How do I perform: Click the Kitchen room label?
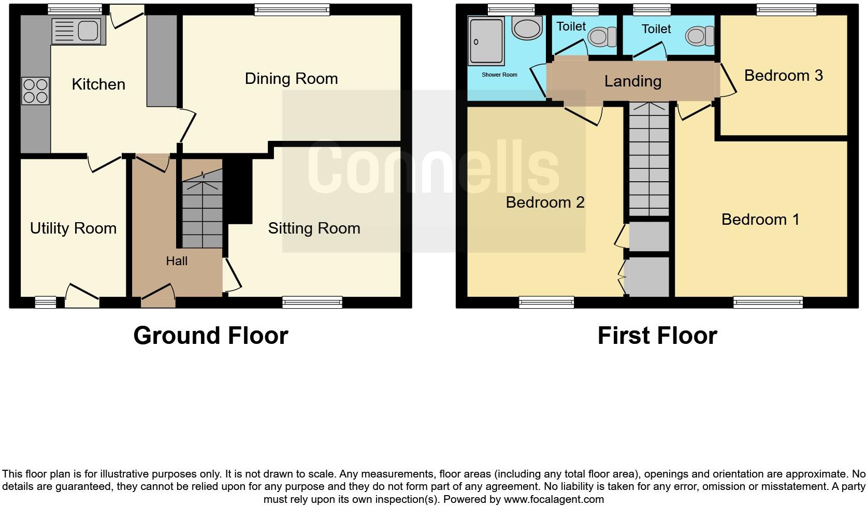(x=98, y=84)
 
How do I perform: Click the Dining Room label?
(x=291, y=79)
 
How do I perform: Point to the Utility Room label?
(x=73, y=228)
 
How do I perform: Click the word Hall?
(x=177, y=261)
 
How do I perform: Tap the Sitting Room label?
(x=314, y=228)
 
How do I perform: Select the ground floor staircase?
(x=202, y=212)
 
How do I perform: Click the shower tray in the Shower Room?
(x=486, y=41)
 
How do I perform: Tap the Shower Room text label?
(x=499, y=75)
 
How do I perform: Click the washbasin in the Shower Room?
(x=527, y=27)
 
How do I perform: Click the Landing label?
(x=632, y=81)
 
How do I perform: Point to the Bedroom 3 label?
(x=783, y=76)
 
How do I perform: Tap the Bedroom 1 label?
(x=760, y=220)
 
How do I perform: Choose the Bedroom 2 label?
(x=545, y=203)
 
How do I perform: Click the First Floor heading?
(x=657, y=336)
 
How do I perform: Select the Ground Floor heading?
(x=210, y=336)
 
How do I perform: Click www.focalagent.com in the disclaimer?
(x=554, y=499)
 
